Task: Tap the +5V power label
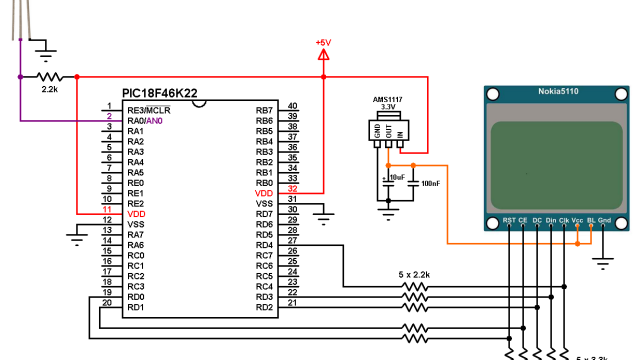pos(323,43)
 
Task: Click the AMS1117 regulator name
pos(388,99)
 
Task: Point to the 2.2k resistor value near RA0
pos(49,90)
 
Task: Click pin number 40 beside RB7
pos(292,105)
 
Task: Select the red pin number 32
pos(292,188)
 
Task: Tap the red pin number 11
pos(107,209)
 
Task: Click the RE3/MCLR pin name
pos(148,110)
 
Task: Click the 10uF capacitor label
pos(397,177)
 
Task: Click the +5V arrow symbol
pos(323,56)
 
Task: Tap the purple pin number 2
pos(108,116)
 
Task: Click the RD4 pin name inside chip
pos(264,245)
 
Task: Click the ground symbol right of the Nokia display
pos(604,261)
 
